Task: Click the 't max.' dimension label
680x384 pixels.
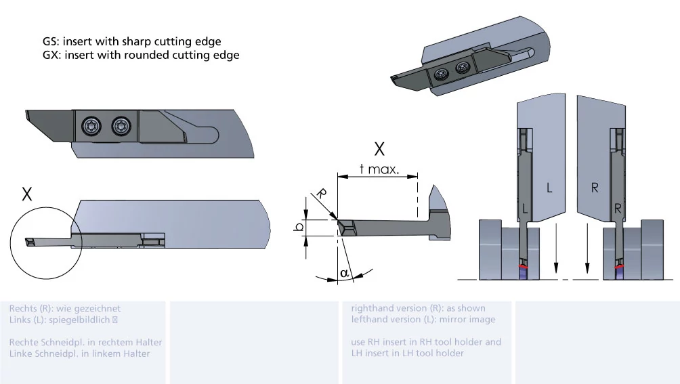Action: coord(379,169)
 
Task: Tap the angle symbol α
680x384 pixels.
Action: coord(344,272)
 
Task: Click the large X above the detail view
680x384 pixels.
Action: coord(380,149)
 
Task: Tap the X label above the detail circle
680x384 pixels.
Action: coord(27,195)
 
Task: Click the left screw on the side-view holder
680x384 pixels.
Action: coord(91,125)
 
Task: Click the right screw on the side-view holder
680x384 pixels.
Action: coord(121,125)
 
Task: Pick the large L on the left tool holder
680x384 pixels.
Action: coord(549,188)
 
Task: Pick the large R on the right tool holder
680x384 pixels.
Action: coord(595,188)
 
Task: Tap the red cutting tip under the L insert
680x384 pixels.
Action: coord(522,271)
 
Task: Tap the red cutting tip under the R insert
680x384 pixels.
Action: coord(619,271)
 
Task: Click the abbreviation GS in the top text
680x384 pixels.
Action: coord(50,42)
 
